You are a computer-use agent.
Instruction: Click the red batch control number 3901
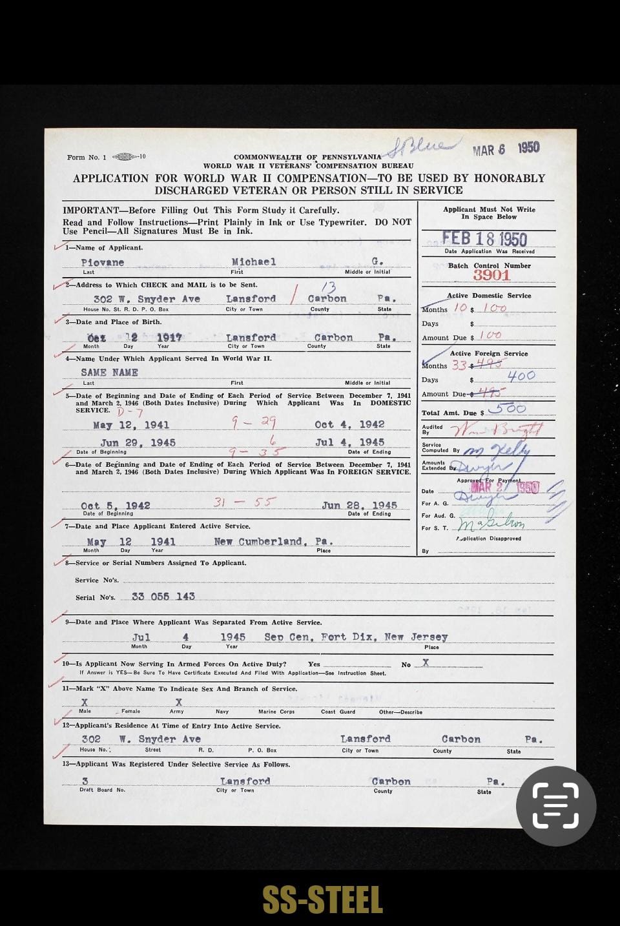(491, 275)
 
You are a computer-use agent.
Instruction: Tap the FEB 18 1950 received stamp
(484, 240)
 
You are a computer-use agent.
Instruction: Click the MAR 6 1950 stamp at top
(506, 149)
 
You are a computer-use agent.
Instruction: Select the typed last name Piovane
(103, 262)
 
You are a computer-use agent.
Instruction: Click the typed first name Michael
(253, 262)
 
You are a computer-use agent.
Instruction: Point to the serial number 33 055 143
(163, 596)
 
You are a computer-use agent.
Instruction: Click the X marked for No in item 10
(425, 663)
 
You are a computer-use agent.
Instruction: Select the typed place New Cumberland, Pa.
(273, 541)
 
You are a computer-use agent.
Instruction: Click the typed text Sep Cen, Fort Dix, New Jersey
(356, 637)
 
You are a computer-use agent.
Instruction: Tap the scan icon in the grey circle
(555, 805)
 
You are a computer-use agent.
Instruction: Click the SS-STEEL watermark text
(322, 900)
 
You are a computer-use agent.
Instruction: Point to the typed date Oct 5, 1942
(116, 505)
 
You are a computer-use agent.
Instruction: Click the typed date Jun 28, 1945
(359, 505)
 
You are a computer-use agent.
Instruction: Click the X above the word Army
(178, 702)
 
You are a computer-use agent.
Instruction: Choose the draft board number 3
(85, 781)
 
